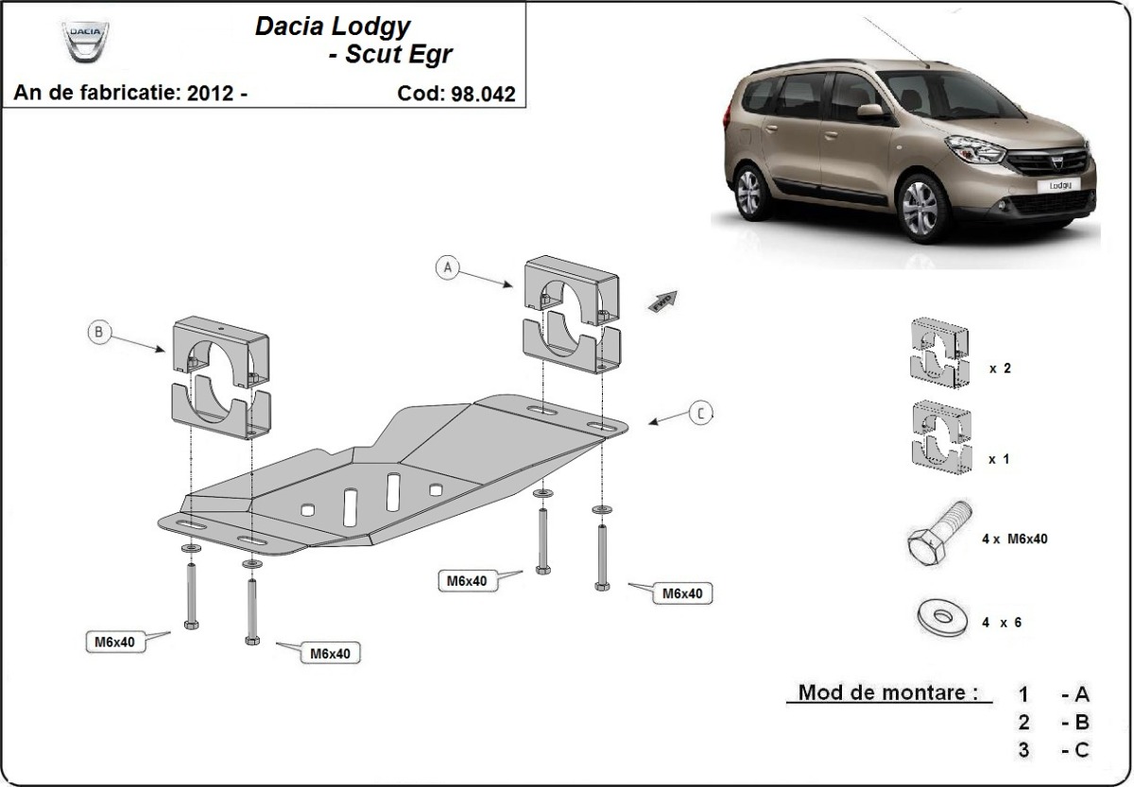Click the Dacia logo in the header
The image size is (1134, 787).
(85, 43)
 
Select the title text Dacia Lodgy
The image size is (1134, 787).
(333, 26)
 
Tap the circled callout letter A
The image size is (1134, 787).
(448, 268)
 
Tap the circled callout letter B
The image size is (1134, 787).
(98, 332)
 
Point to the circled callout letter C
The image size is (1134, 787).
(699, 413)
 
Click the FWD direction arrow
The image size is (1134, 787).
(663, 300)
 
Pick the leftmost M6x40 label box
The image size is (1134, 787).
(114, 642)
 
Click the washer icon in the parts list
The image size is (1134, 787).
(940, 618)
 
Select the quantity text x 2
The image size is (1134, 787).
(1000, 368)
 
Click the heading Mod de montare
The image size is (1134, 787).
(887, 692)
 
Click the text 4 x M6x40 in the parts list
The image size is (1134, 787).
(1014, 539)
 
